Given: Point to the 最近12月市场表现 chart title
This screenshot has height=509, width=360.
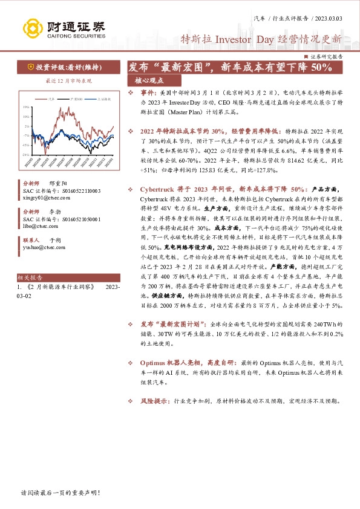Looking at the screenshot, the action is point(68,80).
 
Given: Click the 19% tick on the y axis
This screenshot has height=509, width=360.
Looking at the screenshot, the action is point(25,107).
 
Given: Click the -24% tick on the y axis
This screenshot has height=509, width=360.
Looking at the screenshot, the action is point(25,154).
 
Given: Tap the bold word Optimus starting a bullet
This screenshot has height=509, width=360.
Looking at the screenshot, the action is point(152,362).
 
